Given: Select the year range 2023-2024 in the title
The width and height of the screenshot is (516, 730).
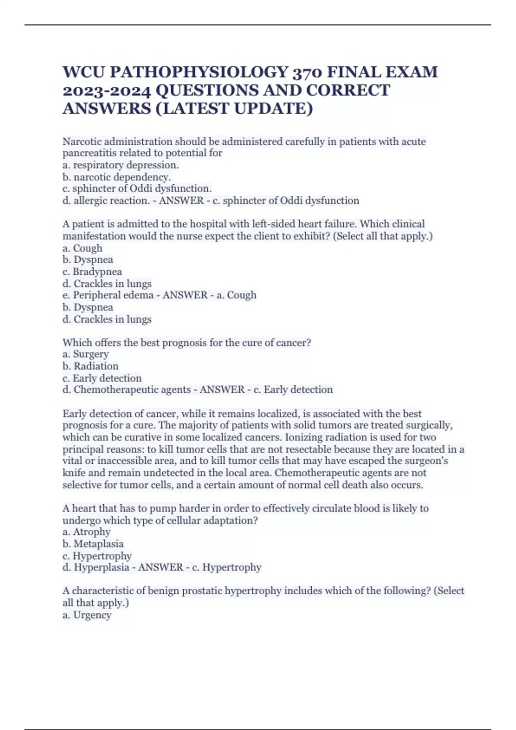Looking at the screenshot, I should point(107,90).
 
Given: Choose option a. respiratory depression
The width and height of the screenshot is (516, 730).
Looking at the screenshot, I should point(121,165).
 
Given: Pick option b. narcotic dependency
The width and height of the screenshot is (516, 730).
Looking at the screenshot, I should point(117,177).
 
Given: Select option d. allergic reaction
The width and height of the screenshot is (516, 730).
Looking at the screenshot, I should point(106,201).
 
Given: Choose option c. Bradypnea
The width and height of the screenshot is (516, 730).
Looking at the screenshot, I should point(92,272).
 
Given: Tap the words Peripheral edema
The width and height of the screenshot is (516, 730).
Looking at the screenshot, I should point(113,295).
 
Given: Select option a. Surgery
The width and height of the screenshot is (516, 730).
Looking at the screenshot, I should point(86,354).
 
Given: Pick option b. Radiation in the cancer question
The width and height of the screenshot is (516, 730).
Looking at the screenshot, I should point(90,366).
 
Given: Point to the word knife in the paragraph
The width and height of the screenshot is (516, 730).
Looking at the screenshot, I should point(74,473).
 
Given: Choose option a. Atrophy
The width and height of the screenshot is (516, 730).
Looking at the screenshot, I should point(86,532).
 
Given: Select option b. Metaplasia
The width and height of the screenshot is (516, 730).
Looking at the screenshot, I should point(93,544).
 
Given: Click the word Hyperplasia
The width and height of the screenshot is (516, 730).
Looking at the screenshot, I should point(101,568).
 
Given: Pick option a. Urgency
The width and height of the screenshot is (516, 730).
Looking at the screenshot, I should point(87,615).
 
